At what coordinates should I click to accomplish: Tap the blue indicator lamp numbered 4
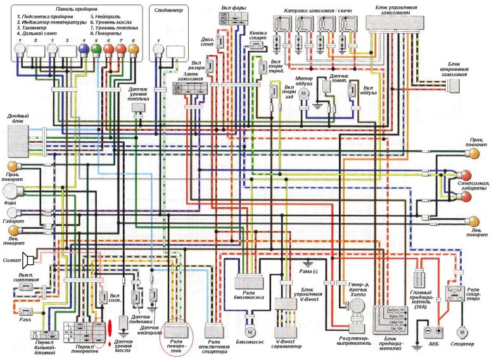[82, 48]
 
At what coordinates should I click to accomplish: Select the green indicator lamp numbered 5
[96, 48]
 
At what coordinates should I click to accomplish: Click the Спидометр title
[167, 10]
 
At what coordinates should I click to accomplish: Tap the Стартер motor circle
[462, 331]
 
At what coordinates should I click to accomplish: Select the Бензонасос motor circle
[250, 331]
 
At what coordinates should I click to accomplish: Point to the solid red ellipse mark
[109, 330]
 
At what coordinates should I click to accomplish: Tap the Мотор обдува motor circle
[303, 93]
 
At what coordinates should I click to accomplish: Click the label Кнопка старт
[258, 33]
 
